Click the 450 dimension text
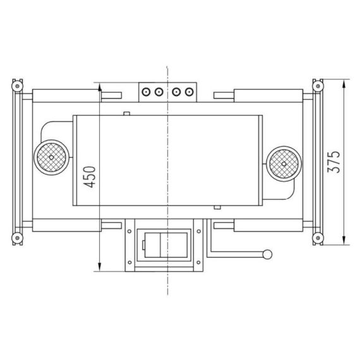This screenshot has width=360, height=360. [89, 177]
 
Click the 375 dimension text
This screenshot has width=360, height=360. [334, 162]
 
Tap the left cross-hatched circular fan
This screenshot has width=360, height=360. [51, 157]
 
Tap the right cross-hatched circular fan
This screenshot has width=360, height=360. [284, 164]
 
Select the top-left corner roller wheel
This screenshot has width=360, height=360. [17, 86]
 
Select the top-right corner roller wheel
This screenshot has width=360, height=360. [318, 86]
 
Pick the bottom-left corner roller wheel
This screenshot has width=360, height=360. [17, 238]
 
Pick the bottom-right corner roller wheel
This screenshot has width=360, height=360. [318, 238]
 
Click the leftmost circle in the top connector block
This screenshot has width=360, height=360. [146, 92]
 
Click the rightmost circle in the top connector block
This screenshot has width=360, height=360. [189, 92]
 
